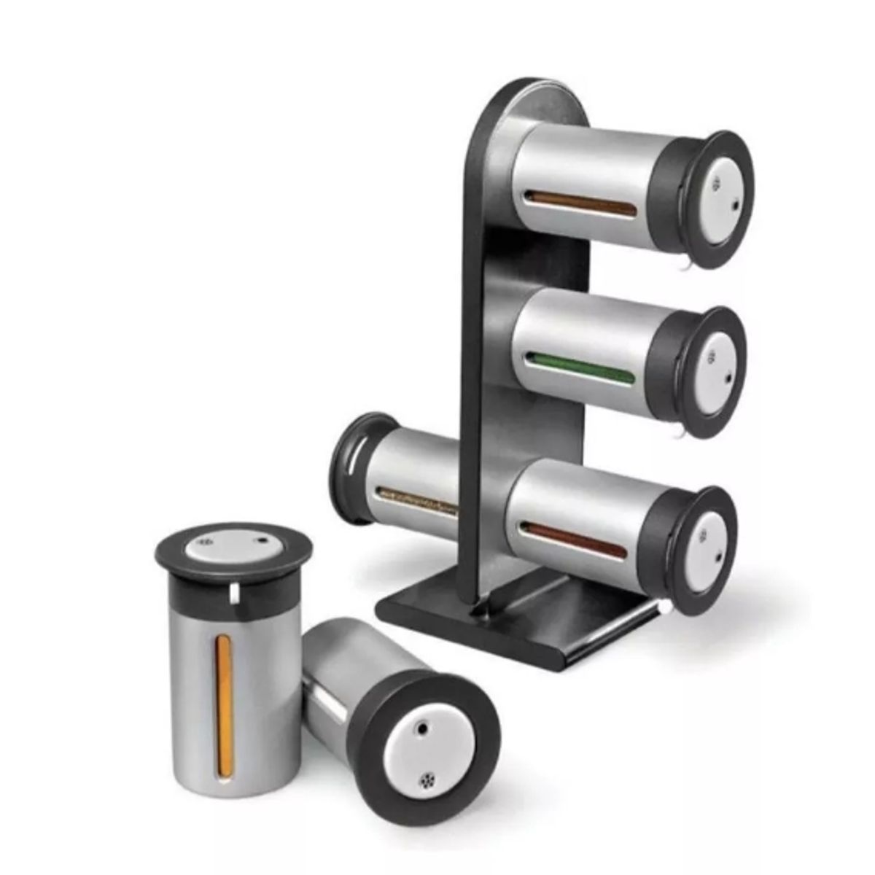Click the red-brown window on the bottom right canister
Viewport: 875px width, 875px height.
click(575, 539)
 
